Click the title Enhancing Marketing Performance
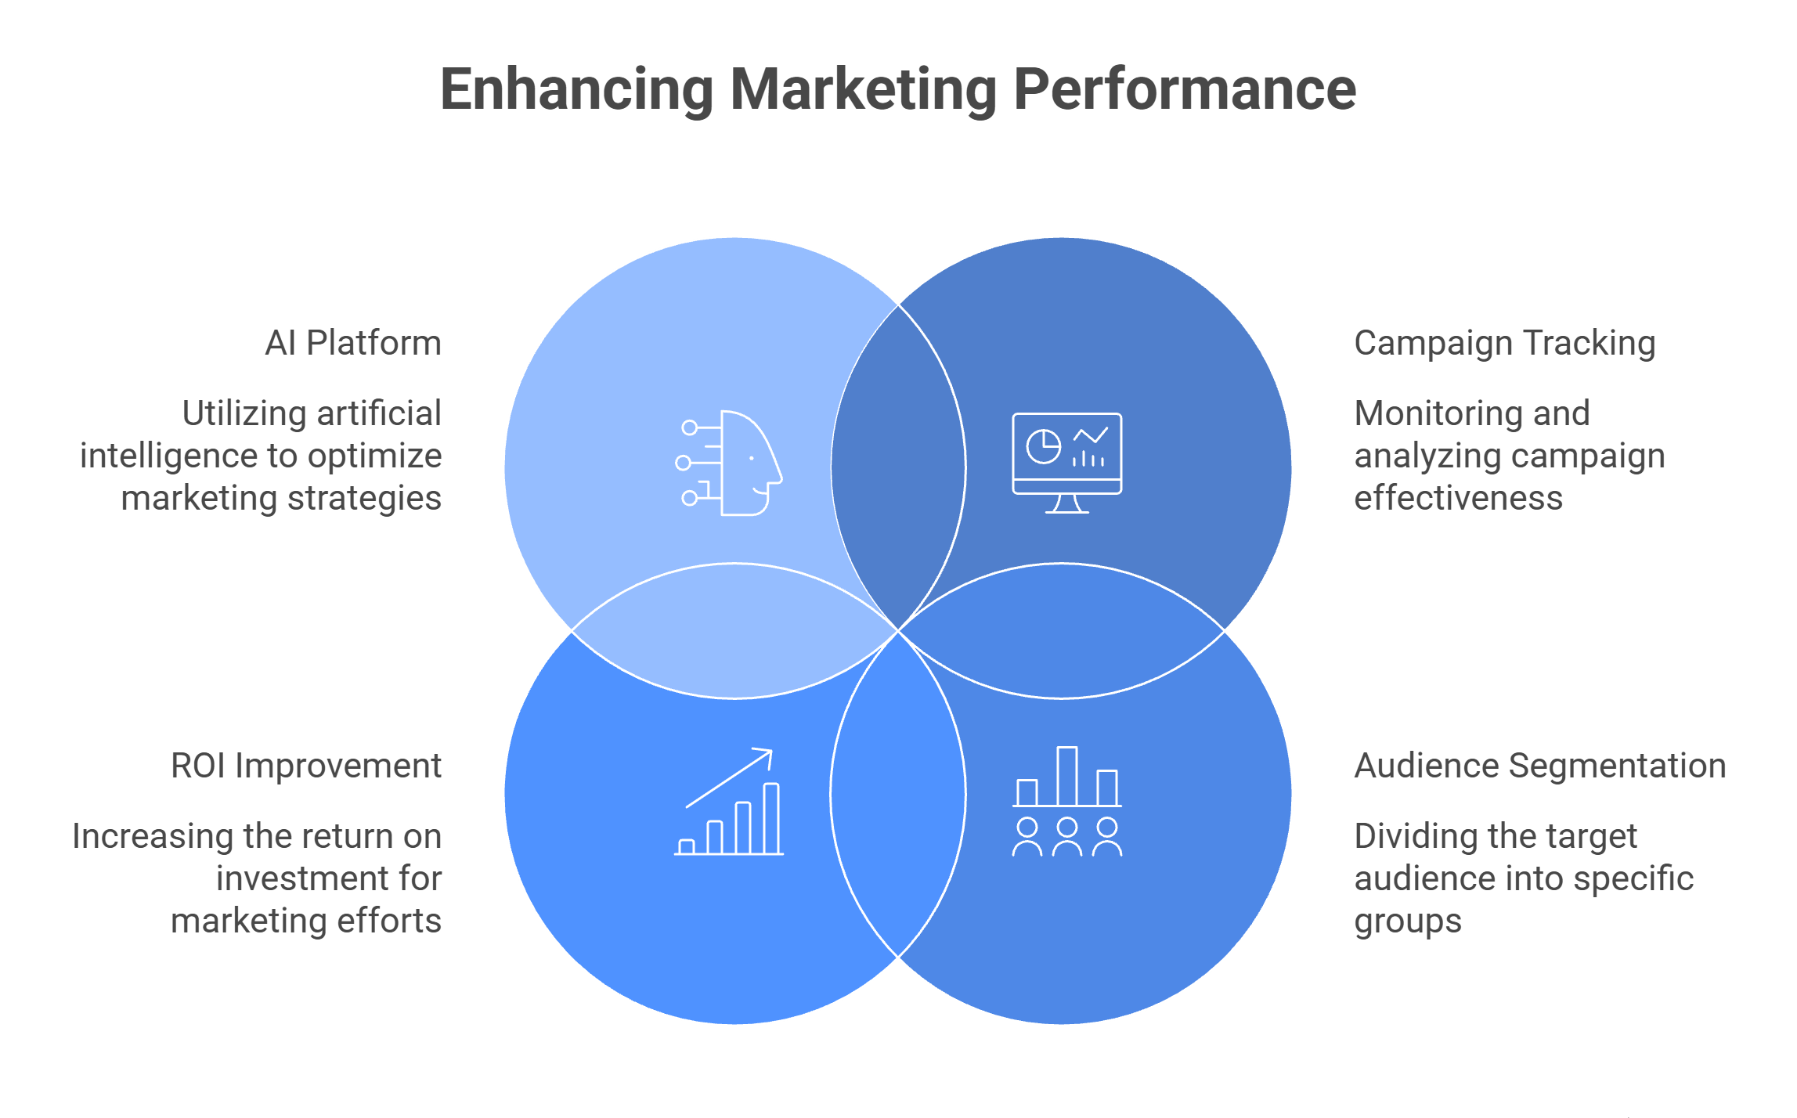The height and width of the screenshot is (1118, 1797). tap(898, 89)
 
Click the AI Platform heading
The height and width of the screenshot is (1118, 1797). tap(353, 343)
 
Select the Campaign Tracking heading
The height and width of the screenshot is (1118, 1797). tap(1505, 344)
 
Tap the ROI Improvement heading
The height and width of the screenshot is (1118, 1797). tap(306, 766)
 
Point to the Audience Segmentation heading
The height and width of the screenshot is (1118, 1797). tap(1540, 766)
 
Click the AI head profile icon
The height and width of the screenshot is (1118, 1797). tap(729, 463)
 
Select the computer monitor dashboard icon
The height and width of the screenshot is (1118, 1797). tap(1067, 463)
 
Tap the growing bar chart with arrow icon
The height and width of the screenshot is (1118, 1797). tap(729, 801)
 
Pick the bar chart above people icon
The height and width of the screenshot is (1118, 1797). tap(1067, 801)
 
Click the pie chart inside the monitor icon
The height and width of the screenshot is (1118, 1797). tap(1043, 447)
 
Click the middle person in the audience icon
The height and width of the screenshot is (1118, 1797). tap(1067, 837)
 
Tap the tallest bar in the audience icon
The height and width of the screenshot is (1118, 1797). tap(1067, 776)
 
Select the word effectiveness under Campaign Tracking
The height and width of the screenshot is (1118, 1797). tap(1459, 499)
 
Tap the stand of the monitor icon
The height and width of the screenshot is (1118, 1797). tap(1067, 503)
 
